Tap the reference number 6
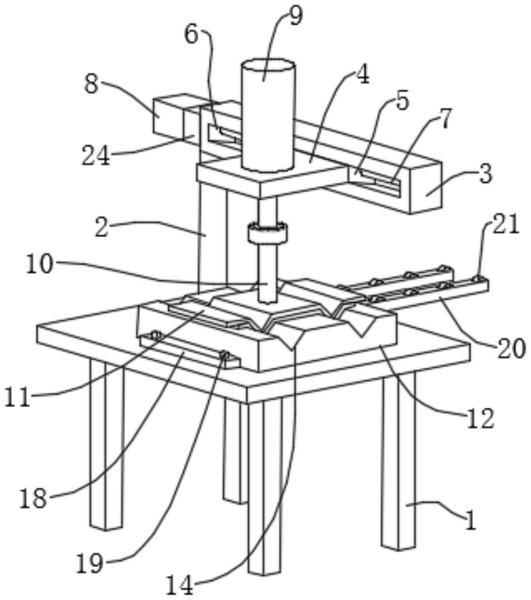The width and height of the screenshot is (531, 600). (192, 35)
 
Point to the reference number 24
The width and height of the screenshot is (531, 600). (96, 156)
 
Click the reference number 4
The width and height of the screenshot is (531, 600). (362, 76)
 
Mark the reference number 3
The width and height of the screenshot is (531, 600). (485, 174)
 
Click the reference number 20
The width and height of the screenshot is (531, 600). (511, 349)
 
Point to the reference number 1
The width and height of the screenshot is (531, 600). (470, 521)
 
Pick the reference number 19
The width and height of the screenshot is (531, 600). (88, 564)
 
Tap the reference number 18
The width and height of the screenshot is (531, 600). (33, 499)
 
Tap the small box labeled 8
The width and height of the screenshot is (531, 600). (168, 114)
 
